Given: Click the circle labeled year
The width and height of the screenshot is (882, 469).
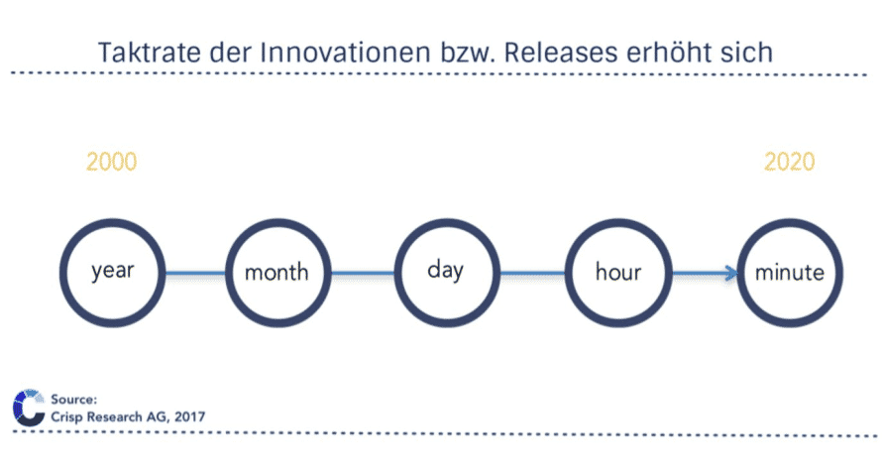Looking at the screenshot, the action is [113, 223].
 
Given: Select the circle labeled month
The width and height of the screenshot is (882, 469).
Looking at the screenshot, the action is [277, 223].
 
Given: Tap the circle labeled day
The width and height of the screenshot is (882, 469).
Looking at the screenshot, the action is [447, 223].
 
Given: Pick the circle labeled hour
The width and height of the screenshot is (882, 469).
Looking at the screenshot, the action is [618, 223].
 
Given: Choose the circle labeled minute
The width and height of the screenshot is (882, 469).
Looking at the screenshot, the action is [790, 223].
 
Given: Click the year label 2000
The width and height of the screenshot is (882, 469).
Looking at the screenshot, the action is [111, 163].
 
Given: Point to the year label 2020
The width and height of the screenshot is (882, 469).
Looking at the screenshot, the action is [789, 163].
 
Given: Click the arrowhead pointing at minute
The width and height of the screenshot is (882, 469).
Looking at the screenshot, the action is [731, 274].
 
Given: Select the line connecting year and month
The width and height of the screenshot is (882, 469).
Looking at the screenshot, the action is [196, 274].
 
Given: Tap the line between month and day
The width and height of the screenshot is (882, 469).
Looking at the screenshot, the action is [363, 274].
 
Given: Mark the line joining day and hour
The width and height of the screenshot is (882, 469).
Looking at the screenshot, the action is [533, 274].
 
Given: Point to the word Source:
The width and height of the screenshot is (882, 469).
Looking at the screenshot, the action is [73, 400].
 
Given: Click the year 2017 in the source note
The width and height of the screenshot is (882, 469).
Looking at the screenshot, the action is [189, 416].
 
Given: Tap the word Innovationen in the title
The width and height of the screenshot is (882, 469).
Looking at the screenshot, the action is [346, 53].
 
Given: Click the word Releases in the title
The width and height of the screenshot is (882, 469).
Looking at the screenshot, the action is [561, 53].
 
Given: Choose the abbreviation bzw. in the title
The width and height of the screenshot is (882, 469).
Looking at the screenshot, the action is [468, 53].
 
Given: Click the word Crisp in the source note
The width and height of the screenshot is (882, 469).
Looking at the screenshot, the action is [64, 417].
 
